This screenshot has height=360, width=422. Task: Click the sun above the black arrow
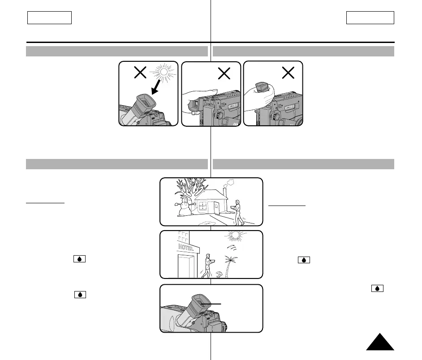coord(164,73)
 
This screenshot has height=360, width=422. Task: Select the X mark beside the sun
coord(140,73)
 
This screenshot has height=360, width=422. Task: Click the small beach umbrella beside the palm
coord(219,274)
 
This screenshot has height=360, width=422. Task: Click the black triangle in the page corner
coord(380,343)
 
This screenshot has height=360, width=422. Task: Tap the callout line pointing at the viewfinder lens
coord(213,304)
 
